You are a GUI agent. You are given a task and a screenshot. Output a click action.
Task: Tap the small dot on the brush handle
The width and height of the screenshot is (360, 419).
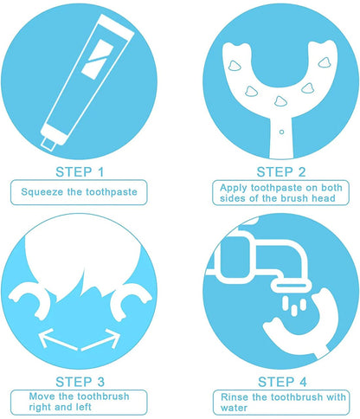click(x=280, y=129)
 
